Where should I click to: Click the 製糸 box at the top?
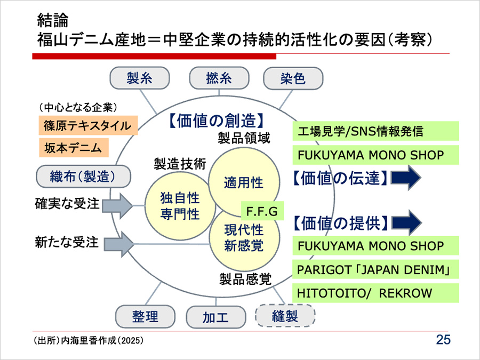click(x=140, y=78)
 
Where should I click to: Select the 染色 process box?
click(x=292, y=78)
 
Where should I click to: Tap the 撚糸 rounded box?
click(x=219, y=78)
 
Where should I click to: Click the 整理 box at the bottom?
click(x=145, y=316)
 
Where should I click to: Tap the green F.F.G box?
click(x=262, y=212)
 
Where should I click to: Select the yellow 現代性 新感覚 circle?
click(x=243, y=238)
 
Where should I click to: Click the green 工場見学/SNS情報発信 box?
click(x=375, y=131)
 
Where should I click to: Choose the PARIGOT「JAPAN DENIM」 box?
click(x=375, y=270)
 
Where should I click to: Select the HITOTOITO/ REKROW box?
click(x=375, y=293)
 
